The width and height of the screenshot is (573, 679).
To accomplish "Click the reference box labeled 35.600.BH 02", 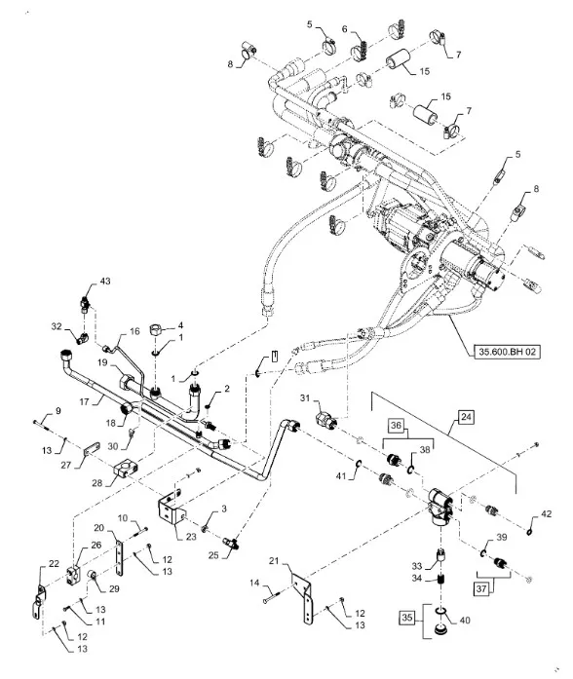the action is coord(507,352).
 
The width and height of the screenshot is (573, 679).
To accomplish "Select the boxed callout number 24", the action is coord(466,417).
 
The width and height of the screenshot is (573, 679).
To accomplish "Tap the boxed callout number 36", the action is coord(396,426).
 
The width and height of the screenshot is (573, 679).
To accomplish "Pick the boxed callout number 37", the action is coord(481,588).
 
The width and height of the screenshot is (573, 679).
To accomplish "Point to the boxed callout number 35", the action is coord(406,617).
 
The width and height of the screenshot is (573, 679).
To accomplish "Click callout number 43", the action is coord(105,281).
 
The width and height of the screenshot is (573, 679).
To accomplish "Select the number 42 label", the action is coord(547,513).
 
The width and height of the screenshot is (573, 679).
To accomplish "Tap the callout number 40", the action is coord(465,621).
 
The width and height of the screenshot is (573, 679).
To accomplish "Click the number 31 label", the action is coord(305,397).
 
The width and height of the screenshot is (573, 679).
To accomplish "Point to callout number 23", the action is coord(191,537).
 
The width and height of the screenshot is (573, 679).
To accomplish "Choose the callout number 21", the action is coord(274,561).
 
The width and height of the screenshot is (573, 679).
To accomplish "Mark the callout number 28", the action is coord(97,482).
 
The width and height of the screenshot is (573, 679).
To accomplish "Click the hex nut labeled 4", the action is coord(156,330).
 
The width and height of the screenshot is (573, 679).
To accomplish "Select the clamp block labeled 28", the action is coord(124,469).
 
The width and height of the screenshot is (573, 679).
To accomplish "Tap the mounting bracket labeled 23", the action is coord(170,509).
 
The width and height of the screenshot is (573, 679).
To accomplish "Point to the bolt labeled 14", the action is coord(272,598).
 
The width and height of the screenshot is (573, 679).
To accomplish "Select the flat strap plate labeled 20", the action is coord(121,558).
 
